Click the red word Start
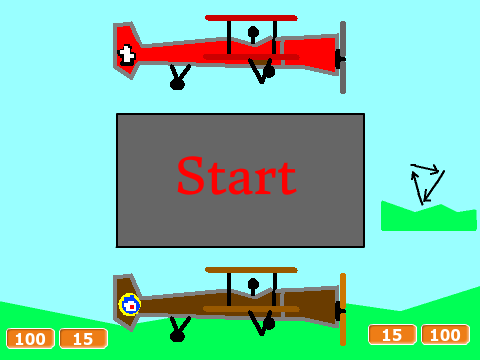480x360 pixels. click(x=237, y=176)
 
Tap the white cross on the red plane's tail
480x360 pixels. click(x=127, y=54)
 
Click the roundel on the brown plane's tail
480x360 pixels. click(x=130, y=305)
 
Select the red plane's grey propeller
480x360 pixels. click(x=343, y=57)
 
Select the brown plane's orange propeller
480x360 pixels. click(x=343, y=309)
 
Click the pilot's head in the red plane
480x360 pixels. click(x=253, y=32)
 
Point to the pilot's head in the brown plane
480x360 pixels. click(x=253, y=284)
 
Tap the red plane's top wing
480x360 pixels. click(x=251, y=18)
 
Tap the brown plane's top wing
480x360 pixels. click(x=251, y=270)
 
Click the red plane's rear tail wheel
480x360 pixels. click(x=177, y=84)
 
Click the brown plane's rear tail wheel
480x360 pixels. click(x=177, y=336)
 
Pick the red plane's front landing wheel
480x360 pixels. click(x=269, y=71)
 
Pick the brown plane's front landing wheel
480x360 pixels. click(x=269, y=323)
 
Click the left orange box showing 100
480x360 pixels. click(x=30, y=339)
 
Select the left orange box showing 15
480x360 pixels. click(x=83, y=339)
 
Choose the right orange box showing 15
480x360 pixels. click(x=392, y=335)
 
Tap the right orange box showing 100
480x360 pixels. click(x=446, y=335)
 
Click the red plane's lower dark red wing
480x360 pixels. click(x=251, y=57)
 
